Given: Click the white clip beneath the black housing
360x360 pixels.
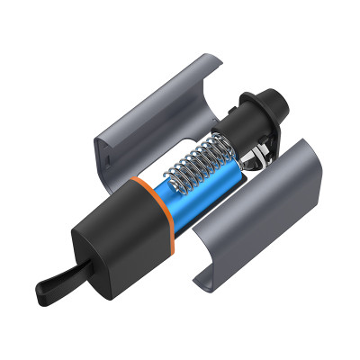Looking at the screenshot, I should click(x=258, y=157).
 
